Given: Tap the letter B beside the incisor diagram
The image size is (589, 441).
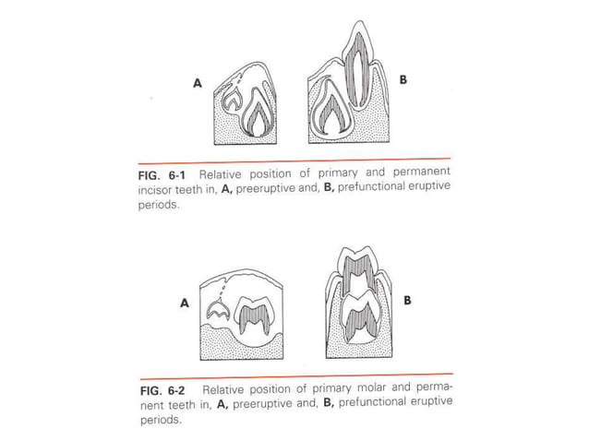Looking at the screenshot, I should [402, 81].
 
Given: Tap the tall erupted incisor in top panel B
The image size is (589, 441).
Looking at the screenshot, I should [355, 69].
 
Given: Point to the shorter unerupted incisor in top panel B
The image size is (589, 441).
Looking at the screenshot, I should [328, 113].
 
